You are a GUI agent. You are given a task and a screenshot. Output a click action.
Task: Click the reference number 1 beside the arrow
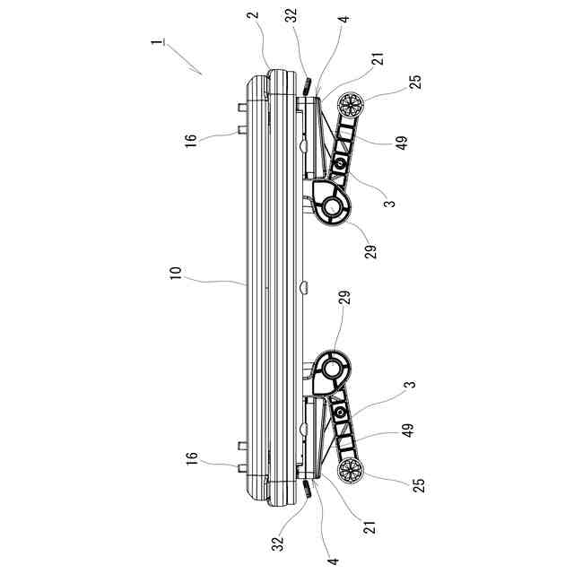pyautogui.click(x=158, y=41)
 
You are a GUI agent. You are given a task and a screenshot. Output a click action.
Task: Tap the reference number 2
pyautogui.click(x=254, y=14)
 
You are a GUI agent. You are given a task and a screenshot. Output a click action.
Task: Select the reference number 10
pyautogui.click(x=176, y=273)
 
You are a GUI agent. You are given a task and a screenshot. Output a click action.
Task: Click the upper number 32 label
pyautogui.click(x=291, y=16)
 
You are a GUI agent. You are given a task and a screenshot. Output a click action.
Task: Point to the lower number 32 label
pyautogui.click(x=278, y=544)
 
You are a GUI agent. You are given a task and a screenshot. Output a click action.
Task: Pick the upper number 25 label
pyautogui.click(x=415, y=82)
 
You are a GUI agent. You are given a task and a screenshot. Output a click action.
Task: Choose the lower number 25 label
pyautogui.click(x=419, y=485)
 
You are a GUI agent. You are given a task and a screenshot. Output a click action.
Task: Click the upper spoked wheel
pyautogui.click(x=351, y=104)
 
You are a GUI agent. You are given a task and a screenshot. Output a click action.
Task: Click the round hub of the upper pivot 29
pyautogui.click(x=332, y=206)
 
